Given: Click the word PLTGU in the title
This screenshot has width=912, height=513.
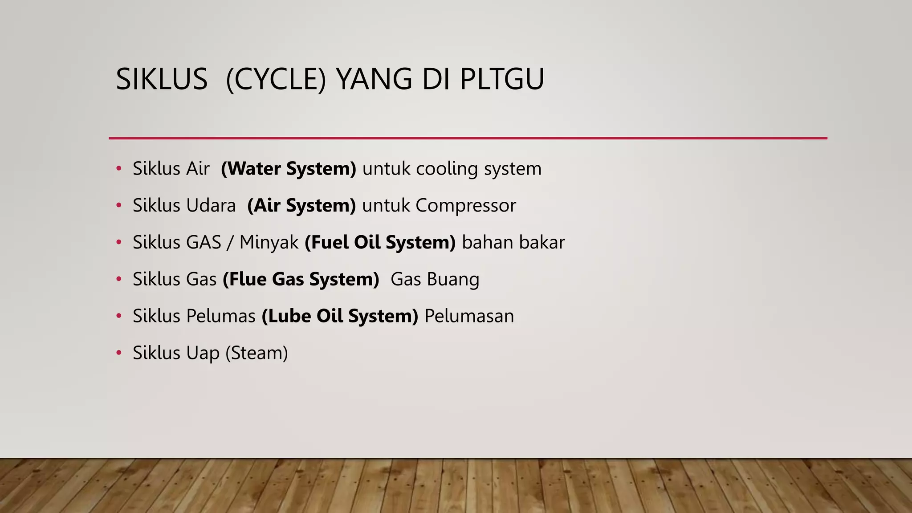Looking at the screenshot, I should tap(502, 79).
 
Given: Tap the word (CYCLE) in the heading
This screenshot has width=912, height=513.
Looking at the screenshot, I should tap(276, 79).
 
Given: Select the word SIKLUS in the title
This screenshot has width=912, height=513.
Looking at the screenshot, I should tap(162, 79).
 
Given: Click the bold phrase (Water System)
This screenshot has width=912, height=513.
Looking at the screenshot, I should tap(289, 169).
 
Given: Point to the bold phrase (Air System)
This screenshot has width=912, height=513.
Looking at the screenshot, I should tap(301, 206).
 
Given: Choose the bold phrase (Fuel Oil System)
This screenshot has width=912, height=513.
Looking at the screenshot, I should tap(380, 243).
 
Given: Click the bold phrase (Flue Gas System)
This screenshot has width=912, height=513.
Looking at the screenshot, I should tap(301, 279).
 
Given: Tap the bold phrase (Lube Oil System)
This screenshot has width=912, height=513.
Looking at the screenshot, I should tap(340, 316).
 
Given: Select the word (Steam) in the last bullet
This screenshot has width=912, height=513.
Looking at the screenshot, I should tap(257, 353).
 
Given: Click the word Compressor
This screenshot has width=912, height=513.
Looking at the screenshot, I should tap(466, 206).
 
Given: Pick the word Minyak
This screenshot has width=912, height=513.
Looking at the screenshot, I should tap(269, 243).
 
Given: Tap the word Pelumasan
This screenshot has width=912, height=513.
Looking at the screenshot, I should tap(469, 316).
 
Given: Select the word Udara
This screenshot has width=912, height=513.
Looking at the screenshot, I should tap(211, 206).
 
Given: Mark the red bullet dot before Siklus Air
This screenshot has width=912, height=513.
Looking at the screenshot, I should tap(118, 169).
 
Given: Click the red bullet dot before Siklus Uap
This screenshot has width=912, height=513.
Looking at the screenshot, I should tap(118, 353).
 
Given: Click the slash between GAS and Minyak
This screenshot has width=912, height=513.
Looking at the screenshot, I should tap(230, 243).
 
